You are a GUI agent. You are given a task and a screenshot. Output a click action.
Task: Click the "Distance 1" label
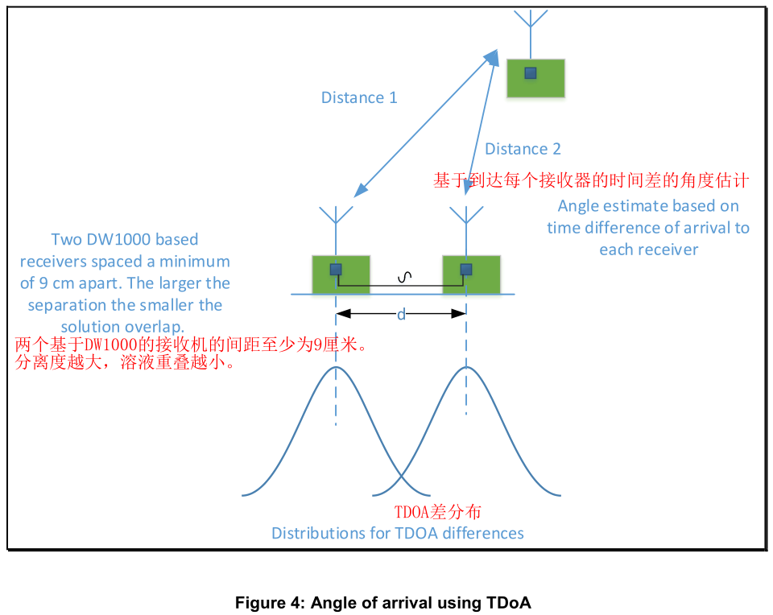(359, 98)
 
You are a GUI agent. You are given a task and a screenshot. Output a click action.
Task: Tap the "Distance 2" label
(523, 149)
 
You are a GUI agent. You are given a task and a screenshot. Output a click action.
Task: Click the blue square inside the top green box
(530, 73)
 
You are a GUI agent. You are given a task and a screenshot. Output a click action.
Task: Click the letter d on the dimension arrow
(401, 315)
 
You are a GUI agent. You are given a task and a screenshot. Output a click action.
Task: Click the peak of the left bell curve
(336, 367)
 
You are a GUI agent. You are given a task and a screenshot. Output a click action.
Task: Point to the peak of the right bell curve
(465, 367)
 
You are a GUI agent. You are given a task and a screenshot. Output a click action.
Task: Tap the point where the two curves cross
(401, 472)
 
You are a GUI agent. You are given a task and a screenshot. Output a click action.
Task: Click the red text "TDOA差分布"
(437, 512)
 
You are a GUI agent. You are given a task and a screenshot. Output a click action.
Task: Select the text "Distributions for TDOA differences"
(398, 533)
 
